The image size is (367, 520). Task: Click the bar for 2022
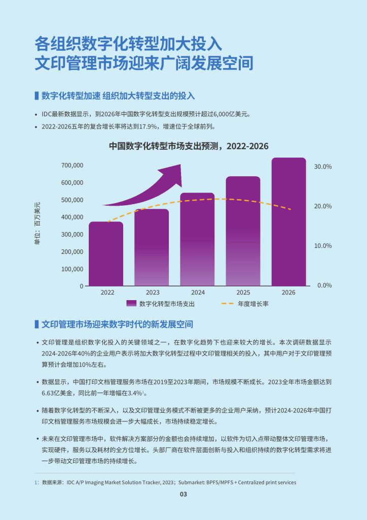tap(106, 254)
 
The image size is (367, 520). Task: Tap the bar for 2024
tap(197, 239)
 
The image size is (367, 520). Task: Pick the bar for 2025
tap(243, 231)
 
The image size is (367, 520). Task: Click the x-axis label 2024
tap(198, 292)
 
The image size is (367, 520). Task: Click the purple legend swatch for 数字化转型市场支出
tap(131, 304)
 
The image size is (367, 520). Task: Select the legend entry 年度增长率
tap(252, 304)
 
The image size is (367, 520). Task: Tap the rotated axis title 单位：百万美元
tap(37, 224)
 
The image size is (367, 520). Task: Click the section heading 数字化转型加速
tap(70, 96)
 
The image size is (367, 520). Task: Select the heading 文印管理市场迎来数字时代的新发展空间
tap(117, 324)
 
